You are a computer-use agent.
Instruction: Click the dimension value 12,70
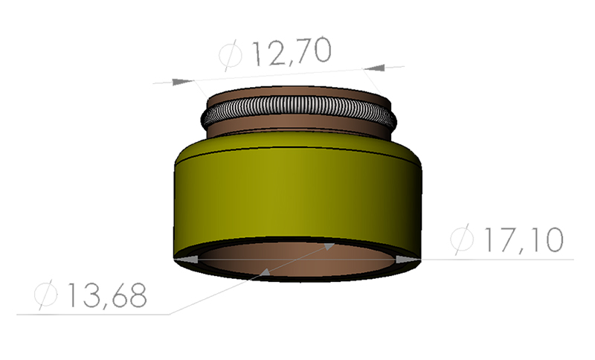(x=290, y=53)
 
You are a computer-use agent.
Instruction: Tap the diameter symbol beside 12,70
(x=231, y=54)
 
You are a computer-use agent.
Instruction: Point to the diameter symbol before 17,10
(x=462, y=240)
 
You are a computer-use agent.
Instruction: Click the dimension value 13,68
(x=105, y=295)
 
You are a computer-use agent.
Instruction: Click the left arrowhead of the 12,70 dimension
(x=181, y=80)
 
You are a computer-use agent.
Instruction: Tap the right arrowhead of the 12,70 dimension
(x=376, y=68)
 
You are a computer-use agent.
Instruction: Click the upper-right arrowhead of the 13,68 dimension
(x=327, y=245)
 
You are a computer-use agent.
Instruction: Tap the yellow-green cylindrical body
(x=297, y=193)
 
